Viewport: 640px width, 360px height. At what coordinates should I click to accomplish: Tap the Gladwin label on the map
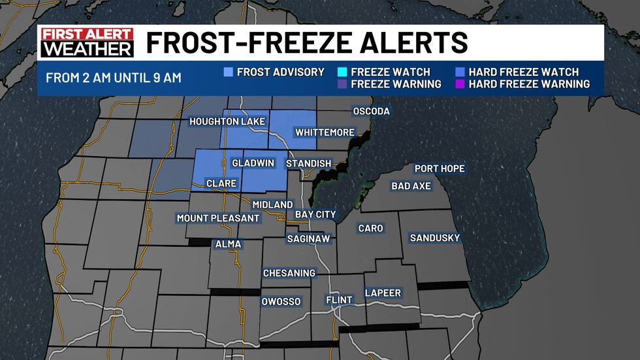(x=248, y=163)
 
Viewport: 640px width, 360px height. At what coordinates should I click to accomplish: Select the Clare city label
(x=221, y=183)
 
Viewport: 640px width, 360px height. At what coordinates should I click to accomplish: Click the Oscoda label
(x=371, y=111)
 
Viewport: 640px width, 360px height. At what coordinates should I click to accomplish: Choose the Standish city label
(x=308, y=163)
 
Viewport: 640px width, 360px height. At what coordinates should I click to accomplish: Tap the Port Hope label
(x=440, y=169)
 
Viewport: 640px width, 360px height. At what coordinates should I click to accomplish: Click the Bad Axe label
(x=411, y=186)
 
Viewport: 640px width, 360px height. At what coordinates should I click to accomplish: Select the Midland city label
(x=272, y=205)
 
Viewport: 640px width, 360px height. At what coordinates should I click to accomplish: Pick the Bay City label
(x=315, y=214)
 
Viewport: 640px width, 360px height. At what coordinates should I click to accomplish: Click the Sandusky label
(x=435, y=238)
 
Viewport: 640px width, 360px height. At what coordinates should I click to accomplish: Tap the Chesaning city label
(x=289, y=273)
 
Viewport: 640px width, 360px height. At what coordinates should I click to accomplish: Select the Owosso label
(x=281, y=301)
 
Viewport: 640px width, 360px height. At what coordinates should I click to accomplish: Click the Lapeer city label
(x=383, y=293)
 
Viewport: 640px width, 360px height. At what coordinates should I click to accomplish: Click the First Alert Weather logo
(x=87, y=42)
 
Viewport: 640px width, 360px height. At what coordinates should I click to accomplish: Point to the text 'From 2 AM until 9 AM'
(x=114, y=78)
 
